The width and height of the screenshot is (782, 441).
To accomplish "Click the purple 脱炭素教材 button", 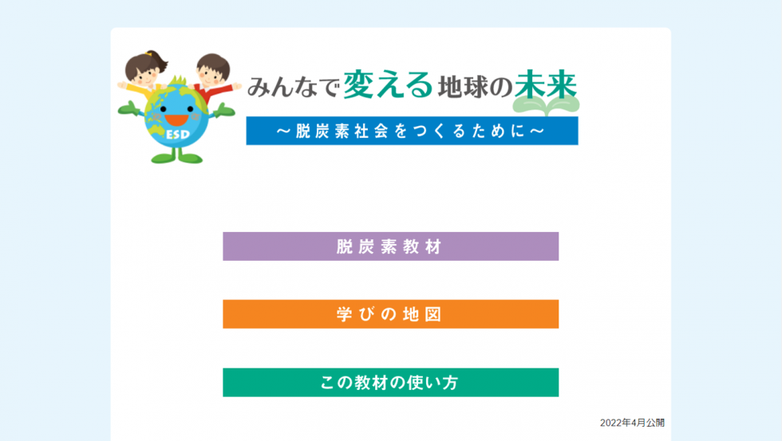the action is [390, 246].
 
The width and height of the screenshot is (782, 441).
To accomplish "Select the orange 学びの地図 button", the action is [390, 314].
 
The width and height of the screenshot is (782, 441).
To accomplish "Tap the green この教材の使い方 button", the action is [390, 382].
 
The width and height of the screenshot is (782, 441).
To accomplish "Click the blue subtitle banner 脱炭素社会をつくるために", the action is [412, 131].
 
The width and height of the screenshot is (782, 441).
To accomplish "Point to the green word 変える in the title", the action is [388, 85].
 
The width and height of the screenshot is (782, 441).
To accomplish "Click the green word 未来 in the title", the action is [546, 85].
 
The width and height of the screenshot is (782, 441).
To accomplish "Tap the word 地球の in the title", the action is [476, 87].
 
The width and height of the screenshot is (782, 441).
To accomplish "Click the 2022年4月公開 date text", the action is [632, 423].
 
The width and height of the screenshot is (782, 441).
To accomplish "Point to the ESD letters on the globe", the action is [178, 135].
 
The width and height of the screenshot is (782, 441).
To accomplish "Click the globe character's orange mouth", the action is [176, 120].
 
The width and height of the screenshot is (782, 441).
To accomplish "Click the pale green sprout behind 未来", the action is [546, 104].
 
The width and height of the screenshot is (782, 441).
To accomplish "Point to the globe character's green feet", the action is [176, 159].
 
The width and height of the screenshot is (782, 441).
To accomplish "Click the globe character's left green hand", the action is [129, 108].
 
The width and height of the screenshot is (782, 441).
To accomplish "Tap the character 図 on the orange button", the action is [433, 314].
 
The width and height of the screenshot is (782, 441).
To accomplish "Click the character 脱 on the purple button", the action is [344, 246].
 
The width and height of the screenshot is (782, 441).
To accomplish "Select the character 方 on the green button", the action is [450, 383].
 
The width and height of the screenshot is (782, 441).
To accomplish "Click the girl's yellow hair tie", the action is [148, 53].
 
